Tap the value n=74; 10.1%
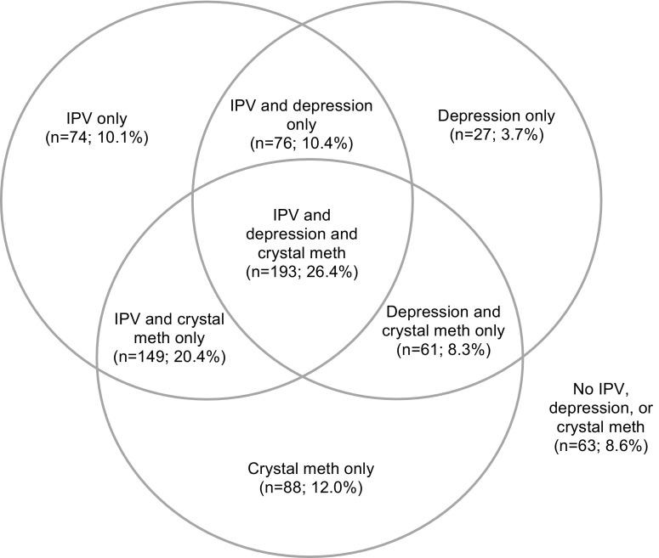point(97,136)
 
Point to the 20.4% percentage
point(199,358)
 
